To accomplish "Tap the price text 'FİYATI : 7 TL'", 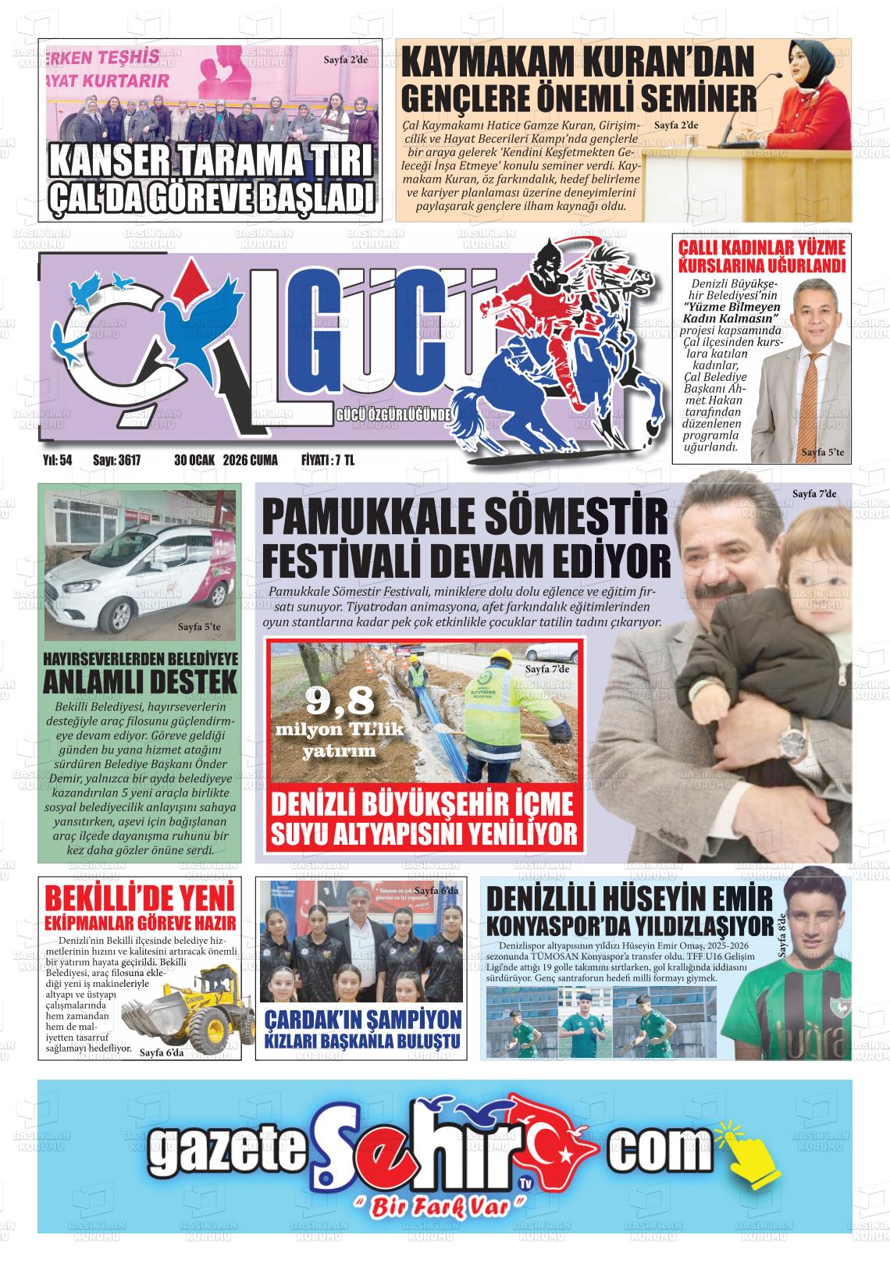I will [328, 461].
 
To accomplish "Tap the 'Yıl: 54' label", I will [57, 461].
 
